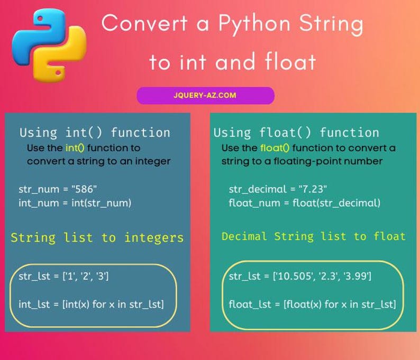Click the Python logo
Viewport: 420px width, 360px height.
(49, 44)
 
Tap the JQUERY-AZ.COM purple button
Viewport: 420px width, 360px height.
(205, 96)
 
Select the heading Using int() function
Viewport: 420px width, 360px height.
(95, 133)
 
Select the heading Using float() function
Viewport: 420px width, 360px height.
(296, 133)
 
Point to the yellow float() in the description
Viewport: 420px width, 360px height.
(275, 148)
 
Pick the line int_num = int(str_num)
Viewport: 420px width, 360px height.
(75, 202)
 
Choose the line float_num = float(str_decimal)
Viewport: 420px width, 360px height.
(304, 202)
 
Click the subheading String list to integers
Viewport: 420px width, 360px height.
(97, 238)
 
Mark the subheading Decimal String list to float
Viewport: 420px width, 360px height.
(314, 236)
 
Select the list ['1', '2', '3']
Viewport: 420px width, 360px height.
(86, 276)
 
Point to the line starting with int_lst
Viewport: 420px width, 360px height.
(91, 304)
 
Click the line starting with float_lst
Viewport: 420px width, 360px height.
(312, 304)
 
